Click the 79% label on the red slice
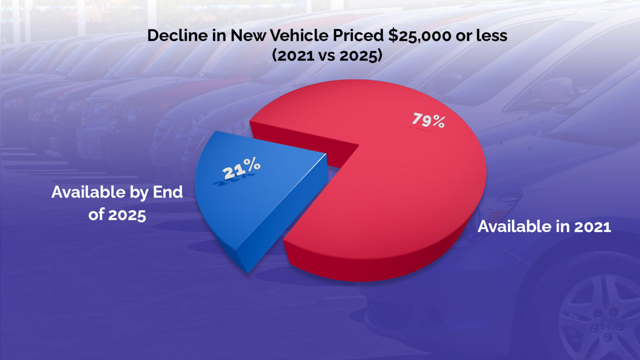coord(428,120)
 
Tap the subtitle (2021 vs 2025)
coord(327,55)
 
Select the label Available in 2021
coord(544,227)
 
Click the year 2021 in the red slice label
coord(592,227)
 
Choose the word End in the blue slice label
coord(167,192)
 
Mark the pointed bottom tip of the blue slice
coord(247,272)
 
